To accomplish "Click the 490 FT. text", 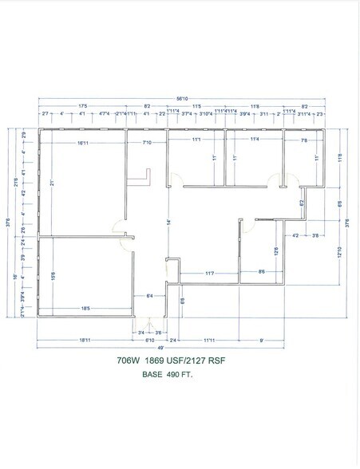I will [183, 373].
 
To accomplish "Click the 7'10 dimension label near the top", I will [147, 143].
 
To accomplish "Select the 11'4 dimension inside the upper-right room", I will [254, 140].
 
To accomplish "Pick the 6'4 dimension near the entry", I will [148, 297].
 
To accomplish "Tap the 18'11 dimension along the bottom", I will [82, 340].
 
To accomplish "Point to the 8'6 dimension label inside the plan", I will [263, 274].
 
